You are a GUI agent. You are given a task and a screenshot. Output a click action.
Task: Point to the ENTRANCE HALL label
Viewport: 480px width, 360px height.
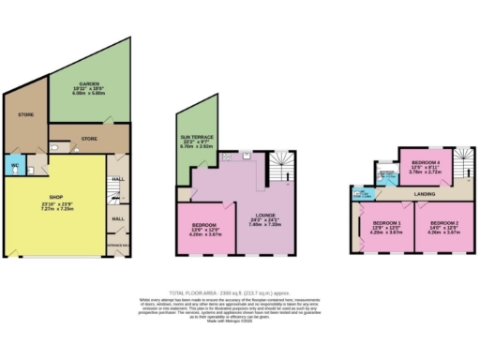(117, 243)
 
